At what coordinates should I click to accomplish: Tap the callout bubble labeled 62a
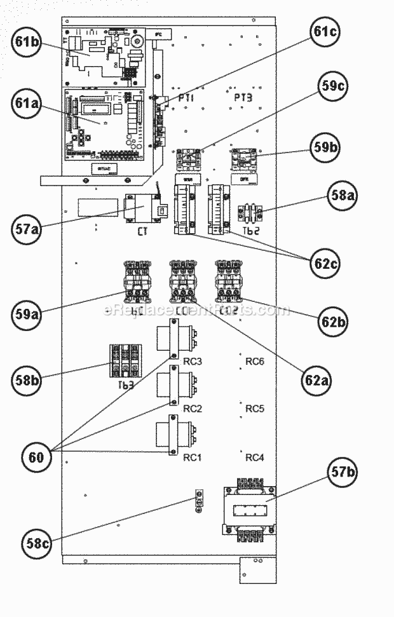coord(316,381)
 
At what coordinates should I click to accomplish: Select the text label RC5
coord(255,409)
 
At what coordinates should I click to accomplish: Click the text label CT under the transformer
coord(142,232)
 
